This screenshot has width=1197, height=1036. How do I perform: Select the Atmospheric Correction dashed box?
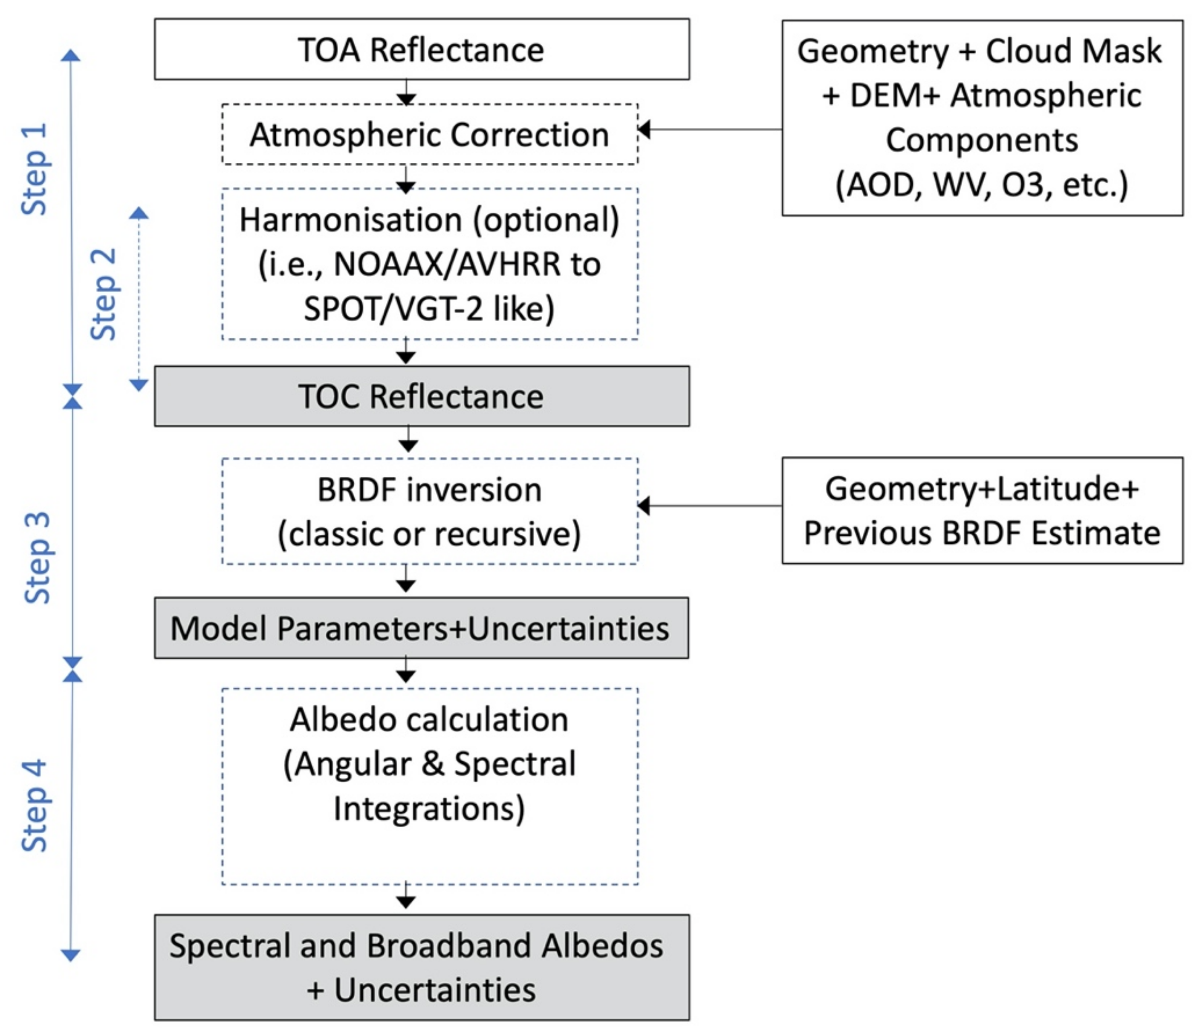(429, 135)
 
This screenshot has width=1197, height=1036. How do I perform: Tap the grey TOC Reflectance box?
(421, 397)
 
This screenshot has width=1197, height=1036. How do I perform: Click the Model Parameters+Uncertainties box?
(421, 628)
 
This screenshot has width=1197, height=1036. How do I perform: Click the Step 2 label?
(104, 295)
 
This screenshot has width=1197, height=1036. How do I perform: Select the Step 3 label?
(37, 558)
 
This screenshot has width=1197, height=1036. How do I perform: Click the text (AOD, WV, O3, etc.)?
(982, 185)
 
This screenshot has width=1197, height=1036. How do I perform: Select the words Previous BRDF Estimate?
(982, 533)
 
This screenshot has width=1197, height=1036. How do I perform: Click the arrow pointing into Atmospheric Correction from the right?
(645, 129)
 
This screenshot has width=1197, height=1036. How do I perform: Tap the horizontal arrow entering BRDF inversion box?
(645, 506)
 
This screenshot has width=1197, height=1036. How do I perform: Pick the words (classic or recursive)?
(429, 534)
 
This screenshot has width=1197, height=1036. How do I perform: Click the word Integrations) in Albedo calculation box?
(429, 808)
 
